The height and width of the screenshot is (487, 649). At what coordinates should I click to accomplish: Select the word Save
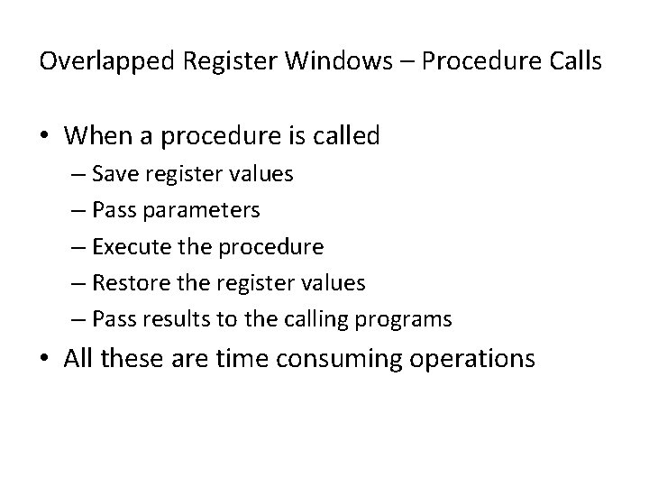pos(114,174)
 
